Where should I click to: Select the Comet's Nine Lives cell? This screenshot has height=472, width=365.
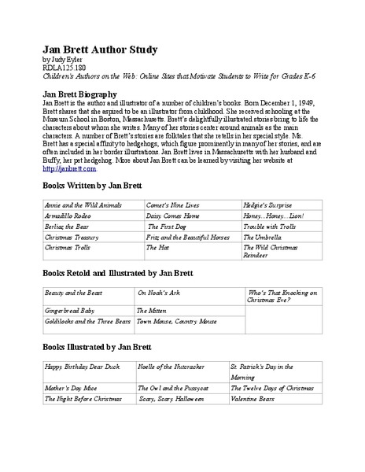point(174,204)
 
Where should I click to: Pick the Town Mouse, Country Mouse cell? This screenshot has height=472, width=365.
point(176,322)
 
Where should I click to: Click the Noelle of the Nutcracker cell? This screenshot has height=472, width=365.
point(174,367)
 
